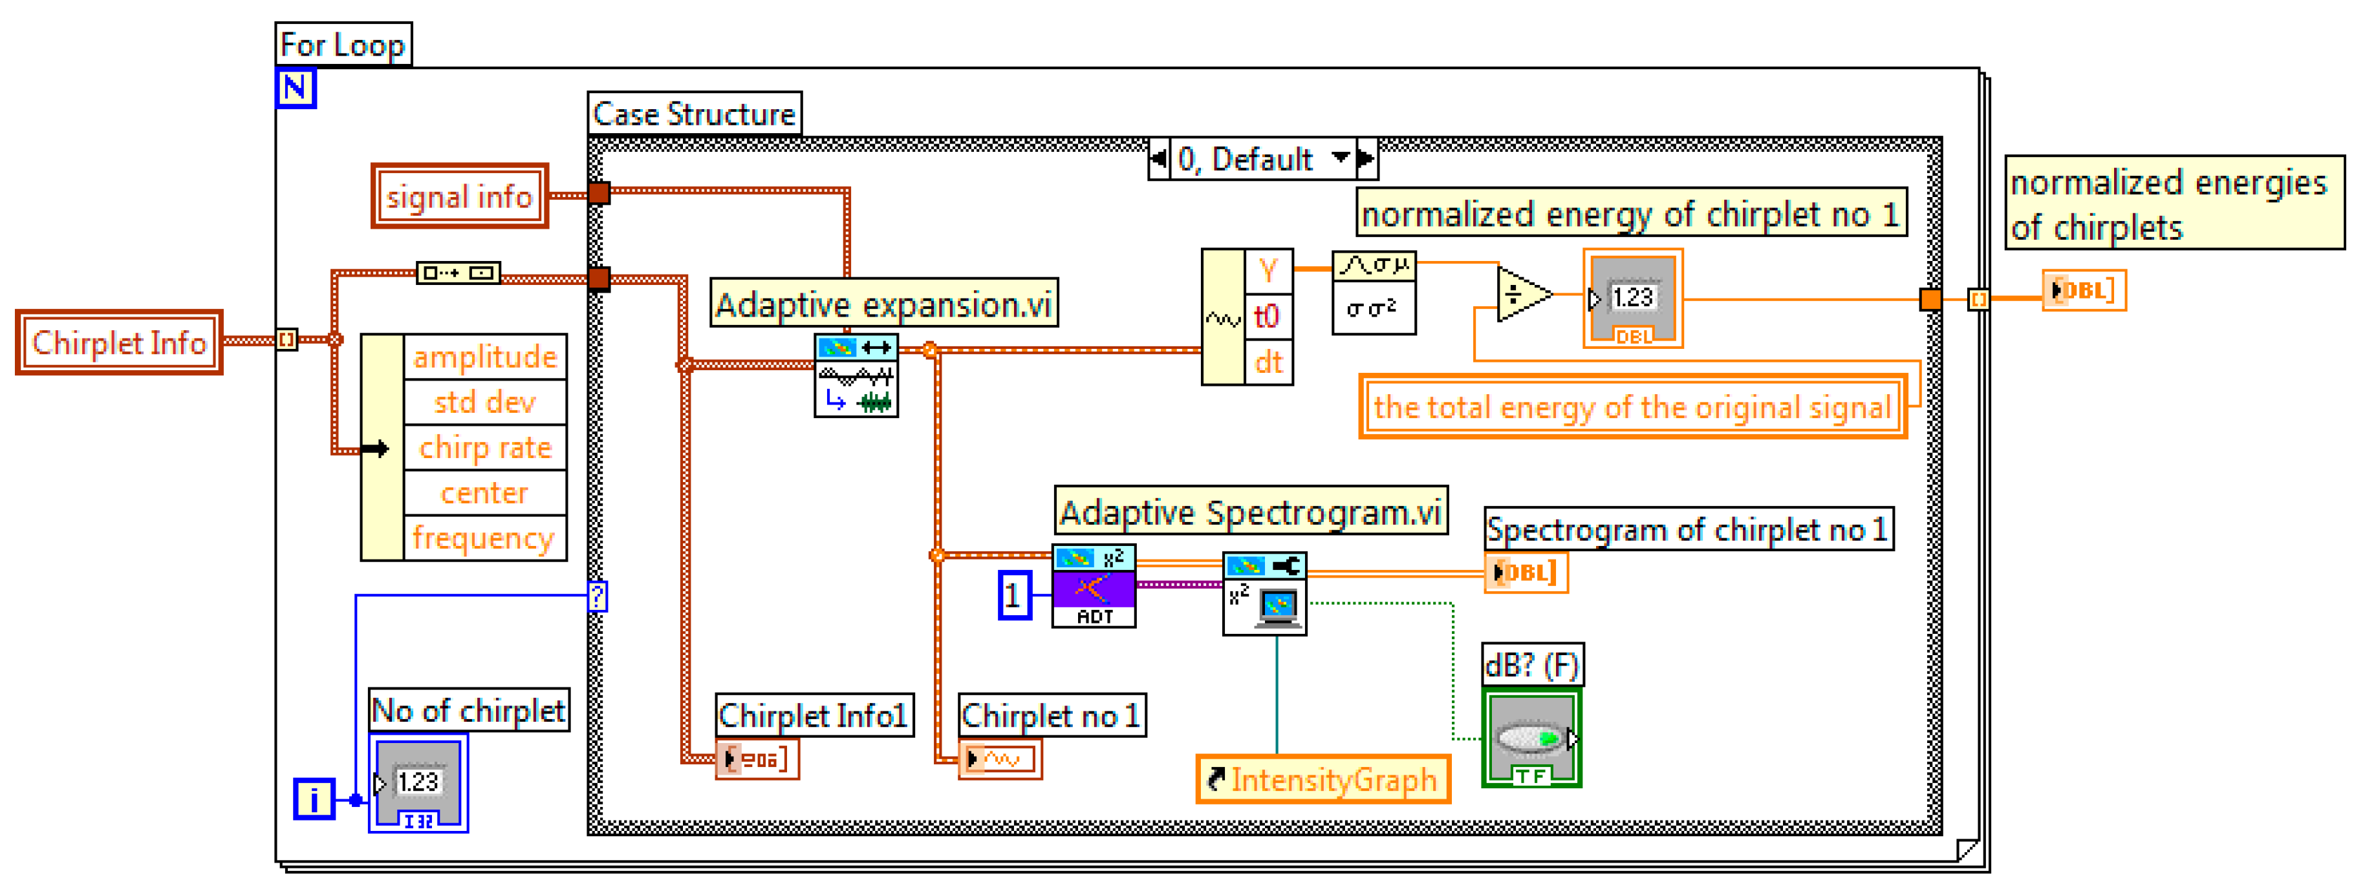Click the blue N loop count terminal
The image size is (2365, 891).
(295, 88)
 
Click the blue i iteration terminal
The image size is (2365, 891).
(313, 799)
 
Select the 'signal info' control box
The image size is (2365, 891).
(459, 196)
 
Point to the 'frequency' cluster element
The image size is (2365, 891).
(483, 537)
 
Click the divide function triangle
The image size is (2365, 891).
(1520, 295)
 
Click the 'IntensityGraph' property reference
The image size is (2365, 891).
(1323, 779)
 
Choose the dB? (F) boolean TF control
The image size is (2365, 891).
(1531, 740)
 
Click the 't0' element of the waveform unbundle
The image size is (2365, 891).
(1268, 317)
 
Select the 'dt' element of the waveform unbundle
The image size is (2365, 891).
(1268, 362)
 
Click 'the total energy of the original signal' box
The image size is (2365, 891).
(1632, 406)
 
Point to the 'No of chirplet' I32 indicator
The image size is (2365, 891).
(418, 782)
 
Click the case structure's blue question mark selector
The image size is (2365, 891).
(598, 596)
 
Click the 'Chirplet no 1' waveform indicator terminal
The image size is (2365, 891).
(999, 759)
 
